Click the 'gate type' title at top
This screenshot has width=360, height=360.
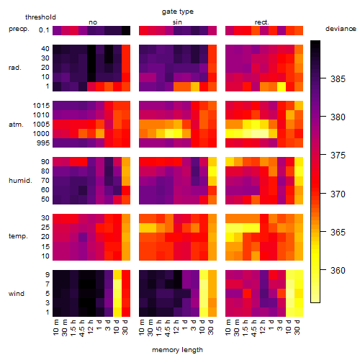[x=178, y=12]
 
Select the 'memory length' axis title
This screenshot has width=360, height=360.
[x=177, y=350]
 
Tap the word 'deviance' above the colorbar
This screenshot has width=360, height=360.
[x=341, y=29]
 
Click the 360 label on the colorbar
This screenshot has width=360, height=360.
[x=338, y=271]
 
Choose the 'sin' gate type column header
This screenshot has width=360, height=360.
[x=177, y=22]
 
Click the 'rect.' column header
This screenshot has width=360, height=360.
[x=262, y=22]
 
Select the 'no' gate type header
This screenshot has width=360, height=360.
[x=93, y=22]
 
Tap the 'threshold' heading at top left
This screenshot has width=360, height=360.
[x=40, y=17]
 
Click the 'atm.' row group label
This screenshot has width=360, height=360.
[x=16, y=125]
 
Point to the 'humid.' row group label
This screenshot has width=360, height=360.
[x=20, y=180]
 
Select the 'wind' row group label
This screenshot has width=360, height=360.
[x=17, y=294]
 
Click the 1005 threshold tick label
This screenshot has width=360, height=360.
[x=41, y=125]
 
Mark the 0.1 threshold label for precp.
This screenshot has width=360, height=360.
[x=44, y=30]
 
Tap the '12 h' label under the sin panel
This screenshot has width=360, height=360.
[x=176, y=327]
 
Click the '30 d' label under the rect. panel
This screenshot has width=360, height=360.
[x=297, y=327]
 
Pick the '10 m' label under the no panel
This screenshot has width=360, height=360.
[x=56, y=328]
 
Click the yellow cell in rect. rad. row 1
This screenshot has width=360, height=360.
[x=282, y=86]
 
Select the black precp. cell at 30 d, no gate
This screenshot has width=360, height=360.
[x=126, y=30]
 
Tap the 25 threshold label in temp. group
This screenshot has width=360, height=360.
[x=45, y=227]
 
